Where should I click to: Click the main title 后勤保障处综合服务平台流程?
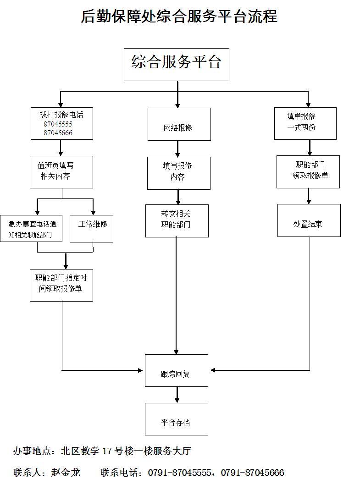179,16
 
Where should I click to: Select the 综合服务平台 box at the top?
176,64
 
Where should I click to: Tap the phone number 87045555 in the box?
58,124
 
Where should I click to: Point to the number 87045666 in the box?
58,133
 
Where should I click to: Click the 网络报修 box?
179,124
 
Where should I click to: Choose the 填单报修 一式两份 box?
305,123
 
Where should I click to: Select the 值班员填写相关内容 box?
61,172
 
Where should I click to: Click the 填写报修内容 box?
178,173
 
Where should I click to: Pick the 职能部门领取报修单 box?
308,171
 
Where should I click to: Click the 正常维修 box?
91,228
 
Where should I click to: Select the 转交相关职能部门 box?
177,220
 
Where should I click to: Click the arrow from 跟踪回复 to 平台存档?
177,395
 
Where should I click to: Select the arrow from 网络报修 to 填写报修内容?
178,148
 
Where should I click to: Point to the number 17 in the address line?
107,451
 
